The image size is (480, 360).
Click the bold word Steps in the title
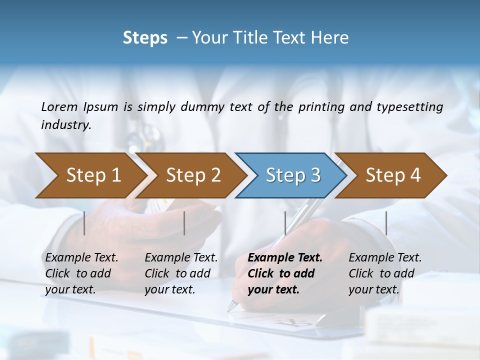pyautogui.click(x=145, y=38)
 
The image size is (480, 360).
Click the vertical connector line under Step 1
pyautogui.click(x=84, y=223)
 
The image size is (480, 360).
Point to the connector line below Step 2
pyautogui.click(x=184, y=223)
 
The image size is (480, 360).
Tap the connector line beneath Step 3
pyautogui.click(x=285, y=223)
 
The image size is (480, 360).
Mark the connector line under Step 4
pyautogui.click(x=386, y=223)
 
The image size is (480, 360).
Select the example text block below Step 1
pyautogui.click(x=81, y=273)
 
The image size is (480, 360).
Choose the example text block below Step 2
pyautogui.click(x=181, y=273)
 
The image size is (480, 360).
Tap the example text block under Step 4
pyautogui.click(x=385, y=273)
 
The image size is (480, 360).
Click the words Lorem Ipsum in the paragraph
pyautogui.click(x=79, y=106)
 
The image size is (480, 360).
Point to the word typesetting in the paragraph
pyautogui.click(x=409, y=106)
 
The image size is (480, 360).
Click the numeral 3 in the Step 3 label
pyautogui.click(x=315, y=175)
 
